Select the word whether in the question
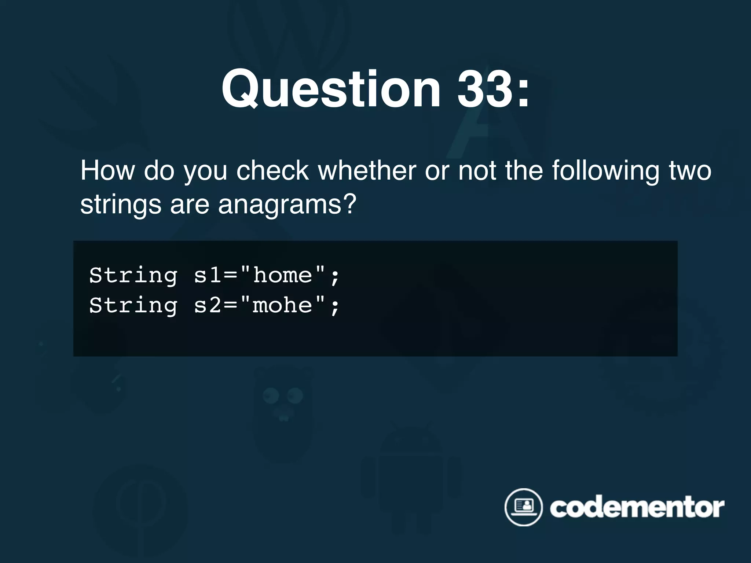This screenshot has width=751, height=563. pos(367,170)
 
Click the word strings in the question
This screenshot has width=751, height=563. pos(121,205)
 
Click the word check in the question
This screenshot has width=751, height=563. pos(272,170)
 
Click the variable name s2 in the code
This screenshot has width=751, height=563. pos(208,305)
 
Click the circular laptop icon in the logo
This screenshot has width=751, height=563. pos(523,507)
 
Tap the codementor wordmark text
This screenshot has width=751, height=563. pos(637,508)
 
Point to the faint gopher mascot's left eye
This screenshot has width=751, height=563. pos(271,395)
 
